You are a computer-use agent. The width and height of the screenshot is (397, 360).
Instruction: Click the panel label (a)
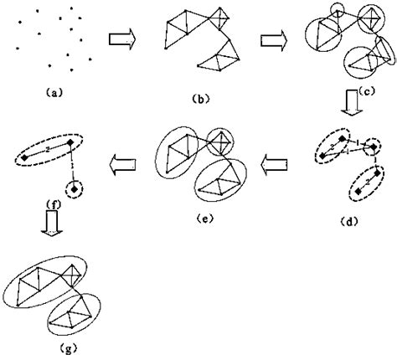[x=47, y=93]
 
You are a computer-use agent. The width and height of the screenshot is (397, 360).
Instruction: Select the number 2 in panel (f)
[x=48, y=148]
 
